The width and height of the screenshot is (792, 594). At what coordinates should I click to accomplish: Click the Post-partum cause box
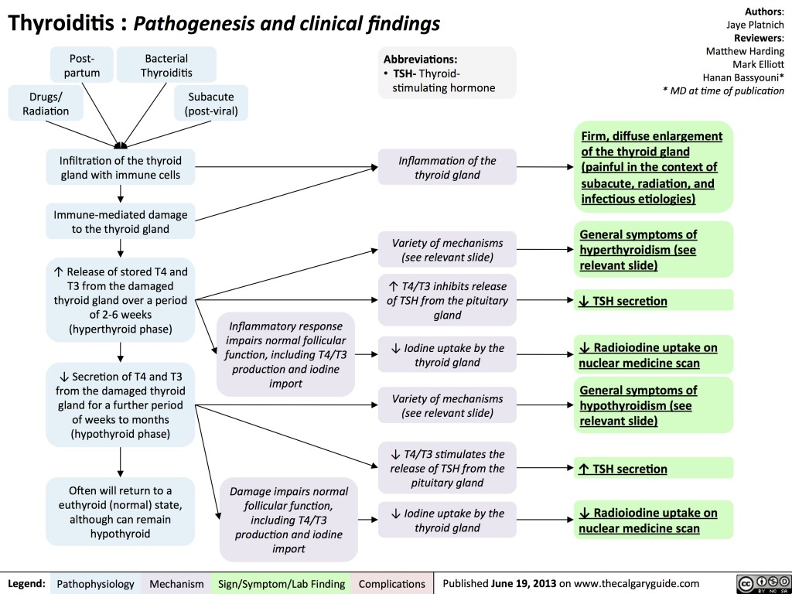[82, 66]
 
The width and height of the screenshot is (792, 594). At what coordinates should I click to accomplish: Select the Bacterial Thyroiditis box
[166, 66]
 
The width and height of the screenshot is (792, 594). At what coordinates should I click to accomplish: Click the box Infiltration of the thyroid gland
[121, 168]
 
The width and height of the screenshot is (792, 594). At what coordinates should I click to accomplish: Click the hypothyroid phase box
[121, 405]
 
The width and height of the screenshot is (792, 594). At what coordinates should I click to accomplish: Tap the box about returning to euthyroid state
[121, 511]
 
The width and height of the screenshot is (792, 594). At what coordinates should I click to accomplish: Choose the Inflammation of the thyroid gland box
[447, 168]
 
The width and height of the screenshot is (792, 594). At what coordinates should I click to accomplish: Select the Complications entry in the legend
[392, 583]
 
